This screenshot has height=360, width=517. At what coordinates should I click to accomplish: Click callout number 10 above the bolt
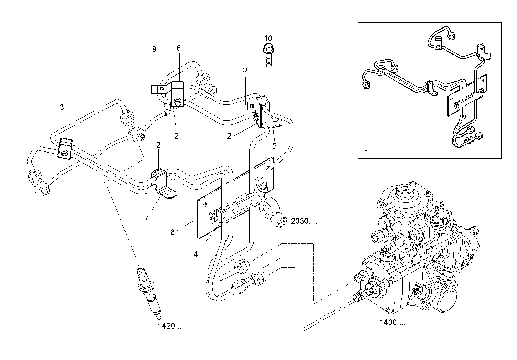[268, 38]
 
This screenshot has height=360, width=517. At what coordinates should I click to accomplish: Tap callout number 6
[178, 48]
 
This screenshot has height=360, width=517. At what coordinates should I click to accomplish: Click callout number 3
[62, 107]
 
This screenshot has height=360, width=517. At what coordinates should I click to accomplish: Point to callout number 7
[147, 217]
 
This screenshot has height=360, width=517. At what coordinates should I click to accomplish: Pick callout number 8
[173, 232]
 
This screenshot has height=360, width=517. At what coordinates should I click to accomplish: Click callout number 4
[195, 254]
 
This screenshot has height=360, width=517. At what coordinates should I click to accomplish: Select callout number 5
[274, 145]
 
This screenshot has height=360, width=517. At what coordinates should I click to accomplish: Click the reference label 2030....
[303, 221]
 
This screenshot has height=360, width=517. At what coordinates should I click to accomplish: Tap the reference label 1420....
[171, 326]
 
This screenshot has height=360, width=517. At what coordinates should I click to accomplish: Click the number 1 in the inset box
[366, 152]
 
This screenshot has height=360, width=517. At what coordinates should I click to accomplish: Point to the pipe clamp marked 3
[66, 148]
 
